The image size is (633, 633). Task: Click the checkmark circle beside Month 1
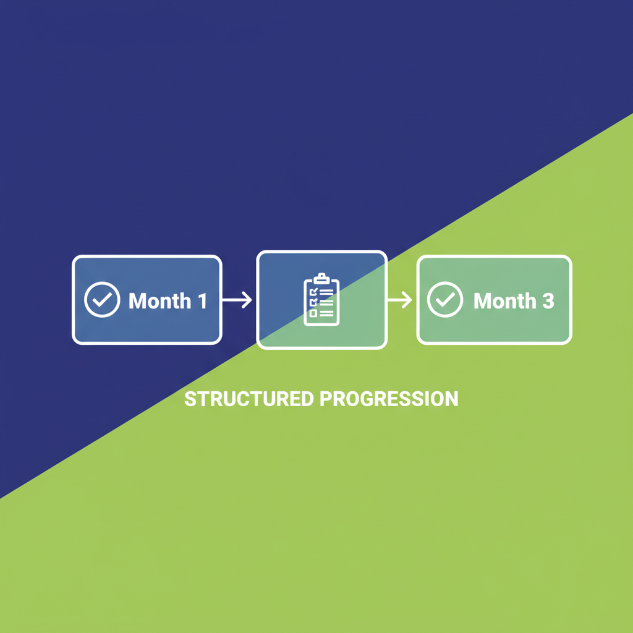102,300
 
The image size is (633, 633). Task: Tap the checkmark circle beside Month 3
445,300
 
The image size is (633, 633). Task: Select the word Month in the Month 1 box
159,301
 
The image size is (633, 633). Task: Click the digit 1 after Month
202,301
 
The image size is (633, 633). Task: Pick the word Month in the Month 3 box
504,301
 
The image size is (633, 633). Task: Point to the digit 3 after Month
548,301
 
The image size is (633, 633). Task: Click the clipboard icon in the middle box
321,300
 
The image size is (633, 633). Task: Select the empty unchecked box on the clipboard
313,313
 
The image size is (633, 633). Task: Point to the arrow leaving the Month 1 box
237,300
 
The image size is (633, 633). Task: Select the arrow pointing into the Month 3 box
399,300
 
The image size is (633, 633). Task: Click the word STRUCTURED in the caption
249,399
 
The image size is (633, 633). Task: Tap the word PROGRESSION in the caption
389,399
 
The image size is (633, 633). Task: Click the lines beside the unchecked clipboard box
326,313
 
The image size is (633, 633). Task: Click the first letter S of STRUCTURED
190,399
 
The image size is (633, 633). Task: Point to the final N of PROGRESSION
452,399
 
